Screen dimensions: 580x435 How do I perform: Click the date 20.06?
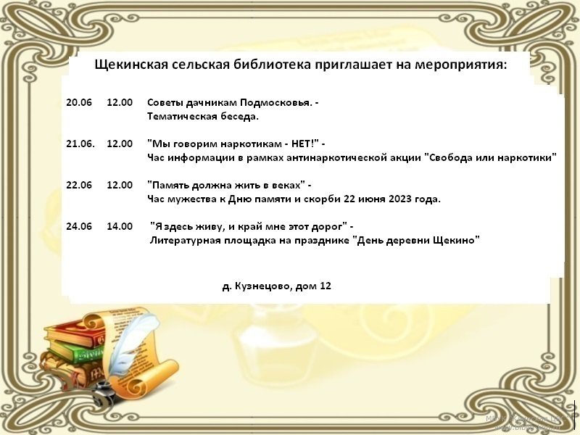point(79,102)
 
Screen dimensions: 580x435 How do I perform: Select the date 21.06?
point(80,144)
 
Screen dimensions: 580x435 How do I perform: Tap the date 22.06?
point(79,185)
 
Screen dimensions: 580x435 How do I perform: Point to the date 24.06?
point(79,226)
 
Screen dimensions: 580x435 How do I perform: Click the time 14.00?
point(120,226)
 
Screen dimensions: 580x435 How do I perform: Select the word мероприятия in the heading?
point(460,65)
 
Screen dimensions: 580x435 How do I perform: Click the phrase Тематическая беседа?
point(203,117)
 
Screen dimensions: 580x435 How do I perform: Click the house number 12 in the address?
point(325,286)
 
